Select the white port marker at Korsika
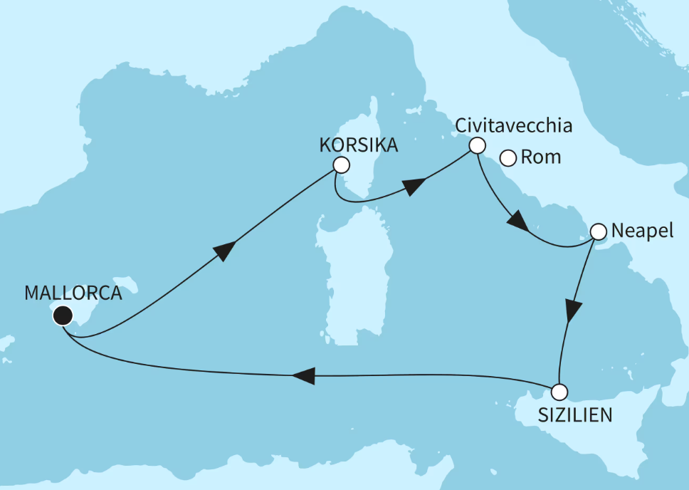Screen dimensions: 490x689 pyautogui.click(x=342, y=165)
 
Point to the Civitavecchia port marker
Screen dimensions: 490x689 pyautogui.click(x=476, y=145)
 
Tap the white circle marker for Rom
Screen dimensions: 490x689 pyautogui.click(x=508, y=157)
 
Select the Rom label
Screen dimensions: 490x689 pyautogui.click(x=541, y=157)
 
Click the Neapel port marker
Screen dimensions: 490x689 pyautogui.click(x=598, y=231)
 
